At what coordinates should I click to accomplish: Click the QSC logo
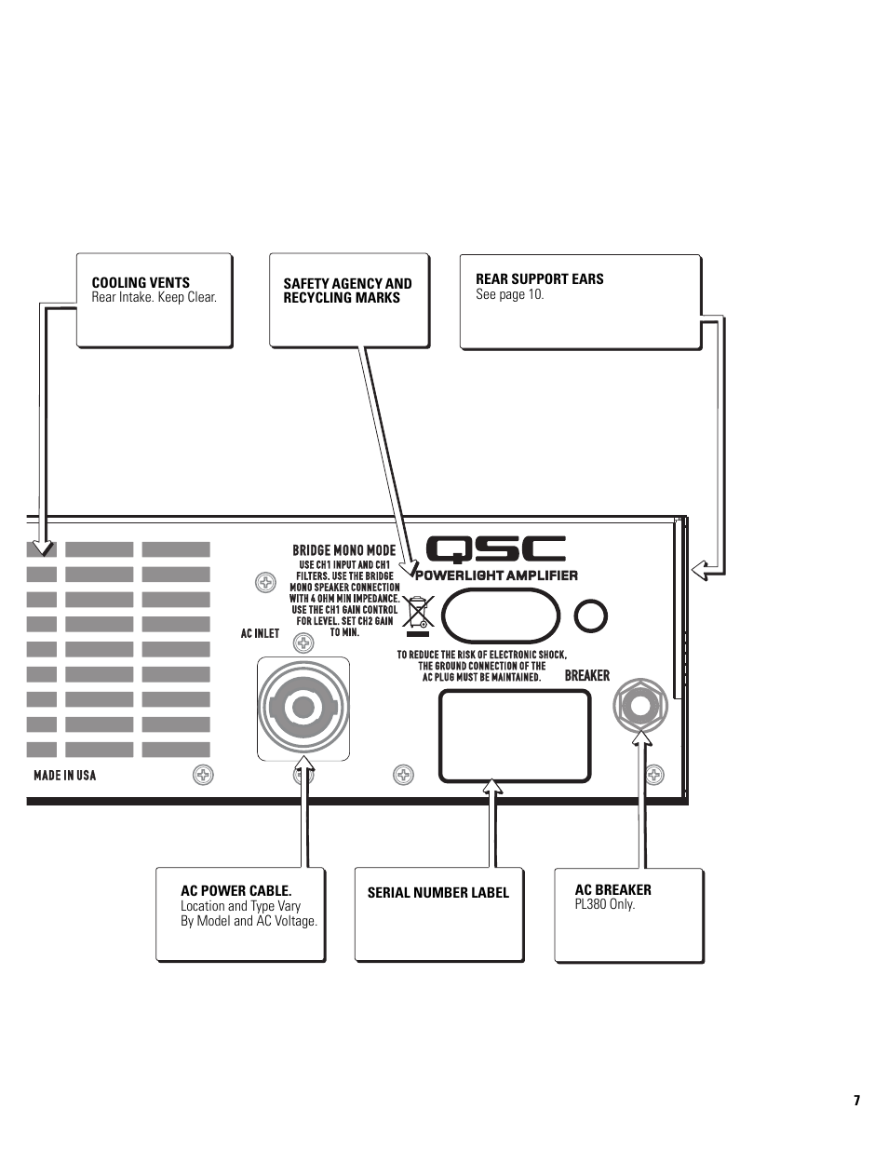point(495,550)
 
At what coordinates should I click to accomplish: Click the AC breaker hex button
point(639,706)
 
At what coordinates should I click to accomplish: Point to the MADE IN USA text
point(64,775)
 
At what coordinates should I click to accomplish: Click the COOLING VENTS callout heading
point(141,282)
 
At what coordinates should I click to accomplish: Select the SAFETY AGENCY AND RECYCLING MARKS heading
point(347,291)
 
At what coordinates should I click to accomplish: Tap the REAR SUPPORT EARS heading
point(539,278)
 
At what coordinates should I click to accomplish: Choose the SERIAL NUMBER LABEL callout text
point(437,893)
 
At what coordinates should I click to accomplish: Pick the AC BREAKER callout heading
point(612,889)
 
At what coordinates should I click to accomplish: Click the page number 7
point(856,1101)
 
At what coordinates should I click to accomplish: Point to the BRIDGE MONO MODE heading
point(343,550)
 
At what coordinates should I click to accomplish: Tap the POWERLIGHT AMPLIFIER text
point(496,575)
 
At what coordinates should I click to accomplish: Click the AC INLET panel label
point(260,633)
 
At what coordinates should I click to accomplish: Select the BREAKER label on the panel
point(586,675)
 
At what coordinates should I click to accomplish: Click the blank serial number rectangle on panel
point(515,736)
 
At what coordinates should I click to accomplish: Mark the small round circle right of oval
point(591,616)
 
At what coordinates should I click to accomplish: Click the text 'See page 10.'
point(509,294)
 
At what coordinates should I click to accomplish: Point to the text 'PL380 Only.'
point(604,904)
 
